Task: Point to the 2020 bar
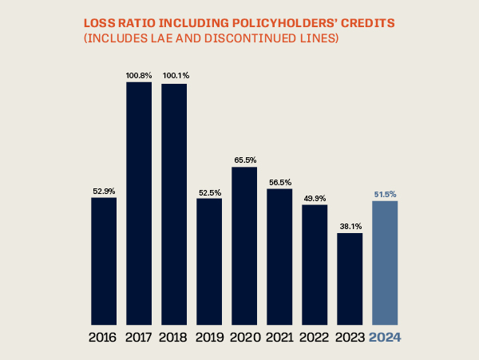244,243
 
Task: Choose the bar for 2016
104,259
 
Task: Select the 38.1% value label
350,227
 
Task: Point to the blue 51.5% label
385,194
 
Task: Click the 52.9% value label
104,191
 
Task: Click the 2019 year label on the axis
209,337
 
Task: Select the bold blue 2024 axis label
385,337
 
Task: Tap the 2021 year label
279,337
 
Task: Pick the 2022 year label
315,337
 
